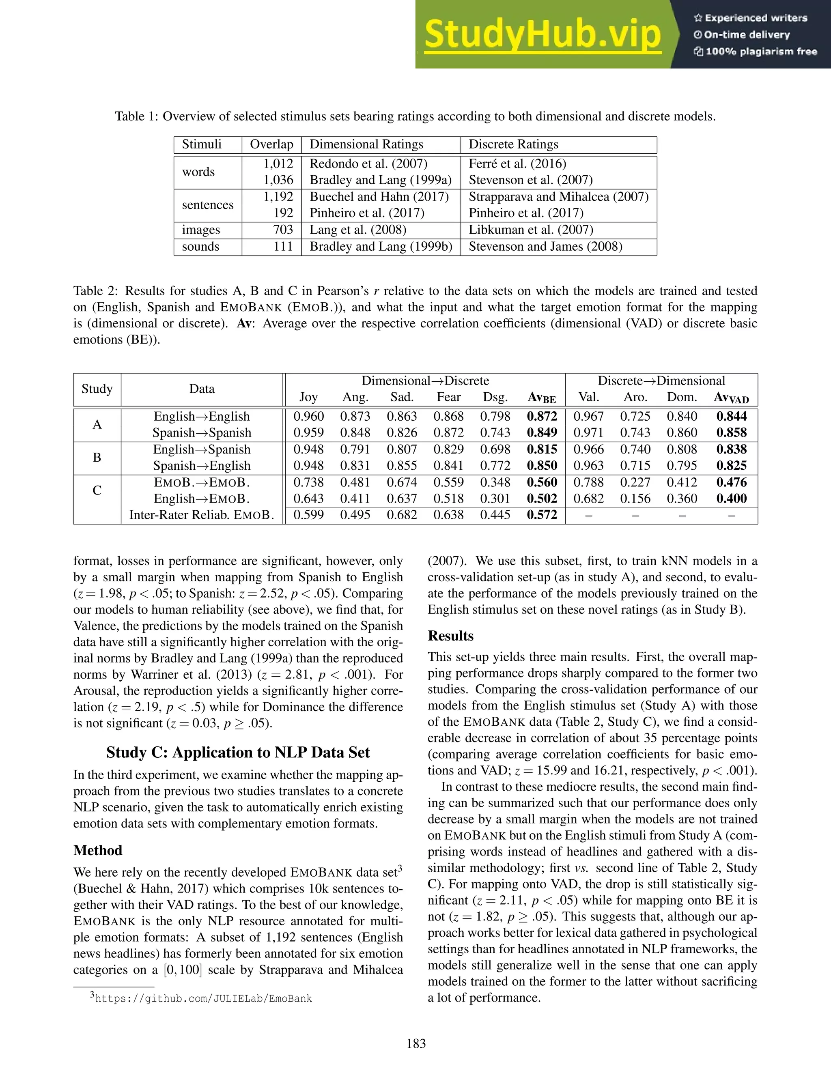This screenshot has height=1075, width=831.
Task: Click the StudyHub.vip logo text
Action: pyautogui.click(x=542, y=34)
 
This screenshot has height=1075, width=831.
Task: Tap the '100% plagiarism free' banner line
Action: pyautogui.click(x=756, y=52)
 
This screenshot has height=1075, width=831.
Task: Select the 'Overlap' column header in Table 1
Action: pyautogui.click(x=271, y=144)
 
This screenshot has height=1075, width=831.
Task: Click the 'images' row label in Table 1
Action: pyautogui.click(x=201, y=230)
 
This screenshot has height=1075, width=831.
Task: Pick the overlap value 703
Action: pyautogui.click(x=283, y=230)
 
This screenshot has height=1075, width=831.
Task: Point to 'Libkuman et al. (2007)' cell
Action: pyautogui.click(x=531, y=230)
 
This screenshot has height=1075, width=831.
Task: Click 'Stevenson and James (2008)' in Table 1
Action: pyautogui.click(x=545, y=247)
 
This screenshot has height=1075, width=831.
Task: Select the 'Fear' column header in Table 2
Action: pyautogui.click(x=448, y=397)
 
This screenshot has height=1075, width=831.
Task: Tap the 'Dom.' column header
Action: pyautogui.click(x=682, y=397)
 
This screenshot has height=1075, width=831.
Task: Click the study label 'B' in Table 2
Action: pyautogui.click(x=97, y=457)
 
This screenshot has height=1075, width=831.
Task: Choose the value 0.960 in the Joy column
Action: pyautogui.click(x=309, y=417)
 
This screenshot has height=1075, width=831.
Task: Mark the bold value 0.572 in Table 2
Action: pyautogui.click(x=542, y=515)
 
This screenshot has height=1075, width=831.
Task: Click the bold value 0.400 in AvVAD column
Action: pyautogui.click(x=732, y=499)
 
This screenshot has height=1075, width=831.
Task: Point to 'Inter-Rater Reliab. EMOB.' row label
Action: pyautogui.click(x=202, y=515)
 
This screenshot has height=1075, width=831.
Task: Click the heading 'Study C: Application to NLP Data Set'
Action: pyautogui.click(x=238, y=752)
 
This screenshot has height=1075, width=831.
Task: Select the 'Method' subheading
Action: pyautogui.click(x=97, y=850)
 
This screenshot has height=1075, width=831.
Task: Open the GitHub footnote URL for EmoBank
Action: pyautogui.click(x=203, y=999)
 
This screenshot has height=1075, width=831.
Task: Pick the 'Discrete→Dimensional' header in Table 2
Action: pyautogui.click(x=661, y=381)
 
